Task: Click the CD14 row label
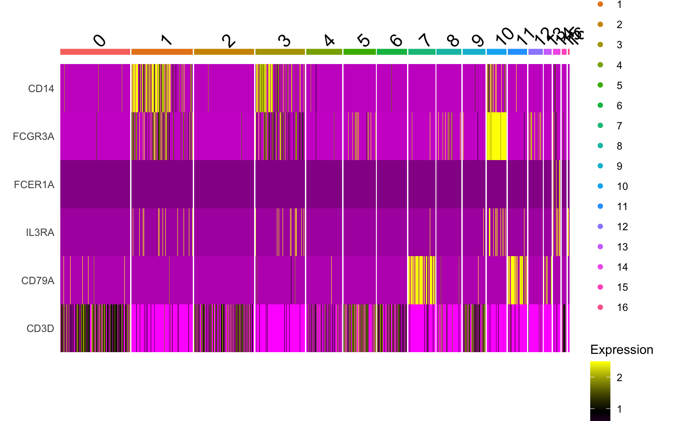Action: pos(41,89)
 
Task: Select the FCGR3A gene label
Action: pos(34,136)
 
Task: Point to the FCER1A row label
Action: pos(34,185)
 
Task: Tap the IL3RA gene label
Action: pos(40,232)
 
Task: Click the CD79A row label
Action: pos(38,281)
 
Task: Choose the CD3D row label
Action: pos(40,328)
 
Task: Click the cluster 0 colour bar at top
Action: pos(95,52)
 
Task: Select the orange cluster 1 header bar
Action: pos(162,52)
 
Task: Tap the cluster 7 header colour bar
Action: pos(422,52)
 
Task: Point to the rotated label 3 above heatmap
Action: pos(284,41)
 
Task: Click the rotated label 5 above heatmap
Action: pos(364,40)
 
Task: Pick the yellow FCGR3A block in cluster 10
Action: pos(497,136)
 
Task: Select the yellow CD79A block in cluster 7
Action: pos(422,280)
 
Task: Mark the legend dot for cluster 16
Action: pos(600,307)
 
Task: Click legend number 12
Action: pos(622,227)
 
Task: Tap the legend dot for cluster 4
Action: pos(600,65)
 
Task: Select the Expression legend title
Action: pos(621,350)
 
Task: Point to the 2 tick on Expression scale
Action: pos(619,378)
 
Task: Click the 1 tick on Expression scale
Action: pos(619,409)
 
